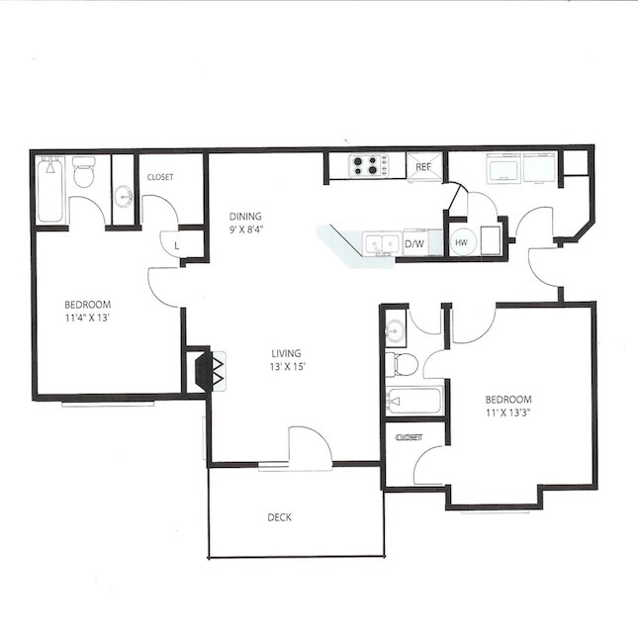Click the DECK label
(279, 517)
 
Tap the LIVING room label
(288, 353)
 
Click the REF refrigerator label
(423, 167)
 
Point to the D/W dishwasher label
(415, 243)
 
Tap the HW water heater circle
(461, 242)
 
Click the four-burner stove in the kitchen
(366, 166)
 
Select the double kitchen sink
(380, 242)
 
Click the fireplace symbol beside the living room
(211, 371)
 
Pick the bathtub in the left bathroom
(50, 190)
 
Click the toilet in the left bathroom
(84, 173)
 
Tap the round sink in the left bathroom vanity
(124, 195)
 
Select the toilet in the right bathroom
(402, 364)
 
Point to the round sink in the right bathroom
(396, 329)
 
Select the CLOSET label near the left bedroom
(160, 177)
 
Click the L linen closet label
(176, 243)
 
